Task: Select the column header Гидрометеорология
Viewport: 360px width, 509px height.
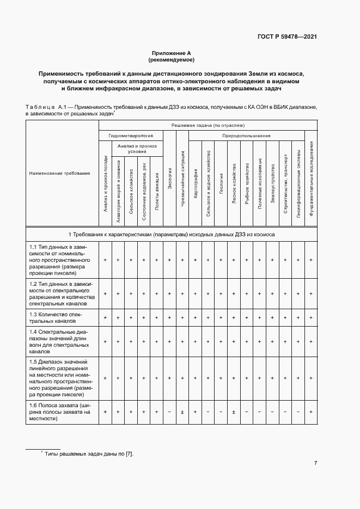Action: click(131, 135)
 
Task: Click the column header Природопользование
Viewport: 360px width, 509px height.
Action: click(246, 135)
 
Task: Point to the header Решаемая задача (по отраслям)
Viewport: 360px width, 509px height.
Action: click(207, 125)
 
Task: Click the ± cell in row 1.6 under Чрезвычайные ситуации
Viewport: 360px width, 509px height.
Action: click(182, 412)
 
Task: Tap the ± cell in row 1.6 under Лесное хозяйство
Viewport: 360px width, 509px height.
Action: click(234, 412)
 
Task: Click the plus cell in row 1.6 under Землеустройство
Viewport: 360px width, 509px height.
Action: click(272, 412)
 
